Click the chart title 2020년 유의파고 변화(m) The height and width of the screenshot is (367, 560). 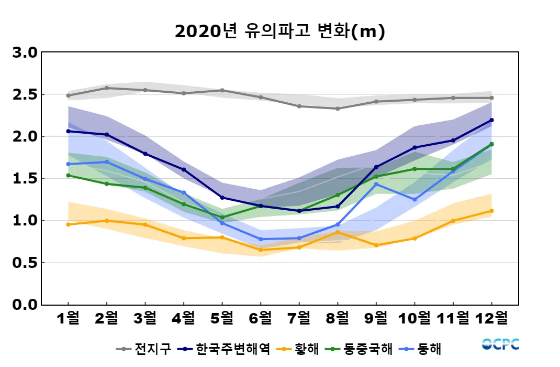[x=279, y=32]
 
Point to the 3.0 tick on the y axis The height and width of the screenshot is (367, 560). [x=24, y=53]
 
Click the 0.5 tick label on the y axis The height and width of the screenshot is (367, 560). [x=24, y=263]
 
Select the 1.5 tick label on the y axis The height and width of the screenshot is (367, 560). [x=24, y=179]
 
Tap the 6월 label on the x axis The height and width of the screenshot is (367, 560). [x=261, y=318]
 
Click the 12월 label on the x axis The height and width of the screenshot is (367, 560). [x=491, y=318]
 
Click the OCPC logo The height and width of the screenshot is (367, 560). [x=500, y=344]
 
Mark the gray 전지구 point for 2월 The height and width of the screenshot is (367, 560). [x=107, y=88]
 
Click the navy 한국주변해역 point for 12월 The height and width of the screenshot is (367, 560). [x=491, y=120]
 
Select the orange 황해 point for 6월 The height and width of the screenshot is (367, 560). [x=261, y=250]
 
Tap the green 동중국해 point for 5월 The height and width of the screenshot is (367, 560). [x=222, y=217]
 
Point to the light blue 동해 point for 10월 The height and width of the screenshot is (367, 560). [x=415, y=199]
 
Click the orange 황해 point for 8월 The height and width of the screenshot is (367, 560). [x=338, y=232]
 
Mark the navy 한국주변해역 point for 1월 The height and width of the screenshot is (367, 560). [x=68, y=131]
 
